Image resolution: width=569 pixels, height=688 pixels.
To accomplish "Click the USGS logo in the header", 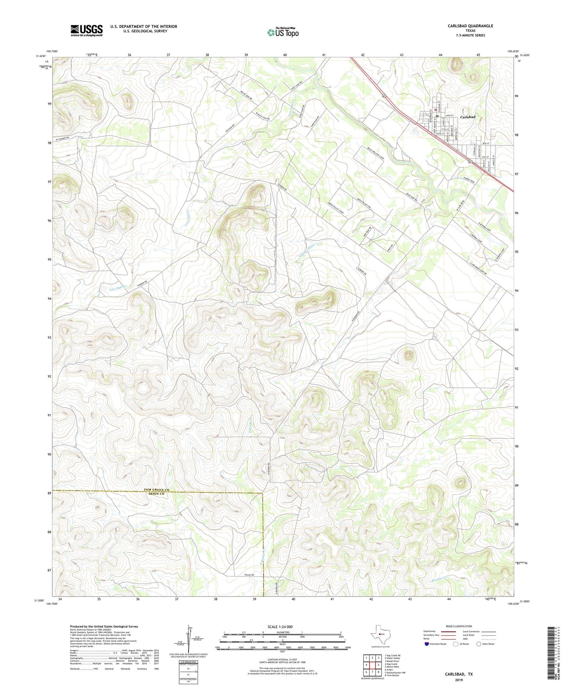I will (x=86, y=30).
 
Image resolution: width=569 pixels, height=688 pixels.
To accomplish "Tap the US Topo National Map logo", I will (x=283, y=32).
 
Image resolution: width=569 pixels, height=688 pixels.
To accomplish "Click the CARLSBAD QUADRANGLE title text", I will (x=470, y=26).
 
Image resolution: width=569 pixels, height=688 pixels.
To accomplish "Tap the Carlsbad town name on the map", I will (x=467, y=117).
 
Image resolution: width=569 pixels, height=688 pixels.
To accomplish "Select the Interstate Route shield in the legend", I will (x=428, y=644).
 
